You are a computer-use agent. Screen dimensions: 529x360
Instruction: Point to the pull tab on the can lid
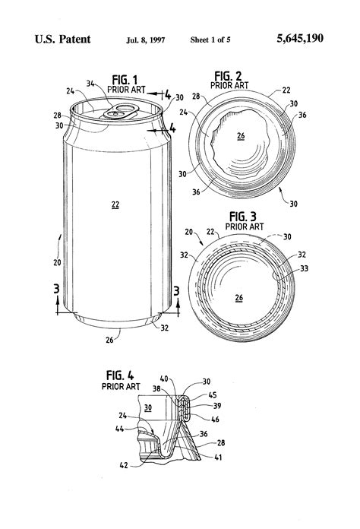[x=118, y=112]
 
